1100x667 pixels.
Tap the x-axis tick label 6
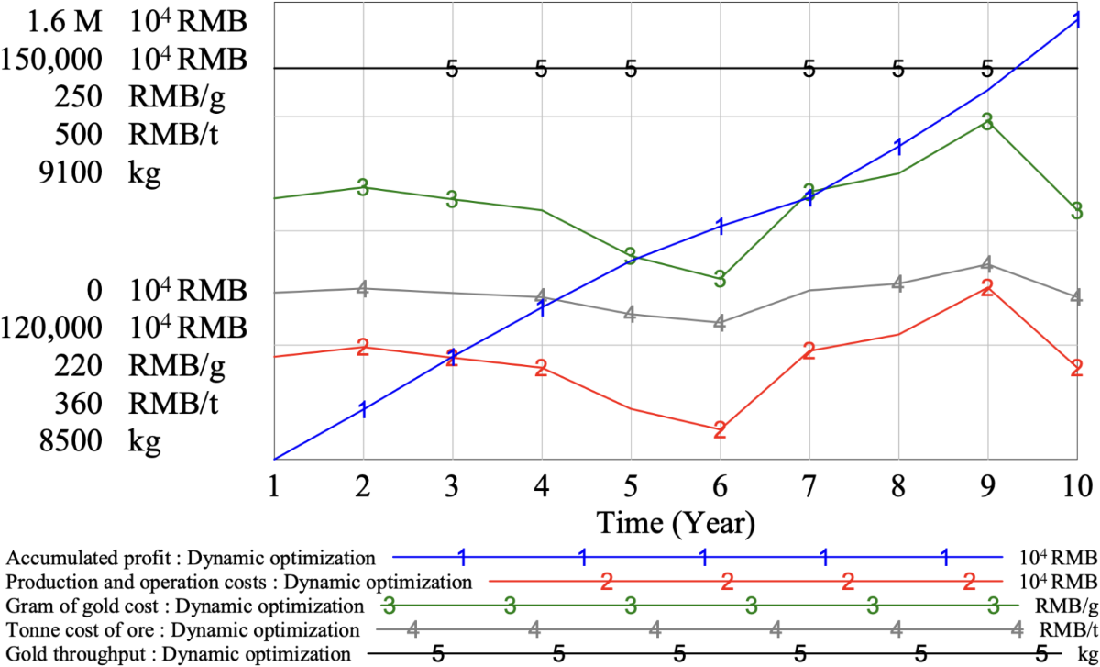720,484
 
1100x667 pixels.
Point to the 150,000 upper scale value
60,60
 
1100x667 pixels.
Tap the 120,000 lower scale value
60,328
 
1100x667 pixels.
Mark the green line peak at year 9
987,121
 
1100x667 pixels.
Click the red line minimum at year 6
720,428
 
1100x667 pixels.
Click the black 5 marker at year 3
451,69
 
